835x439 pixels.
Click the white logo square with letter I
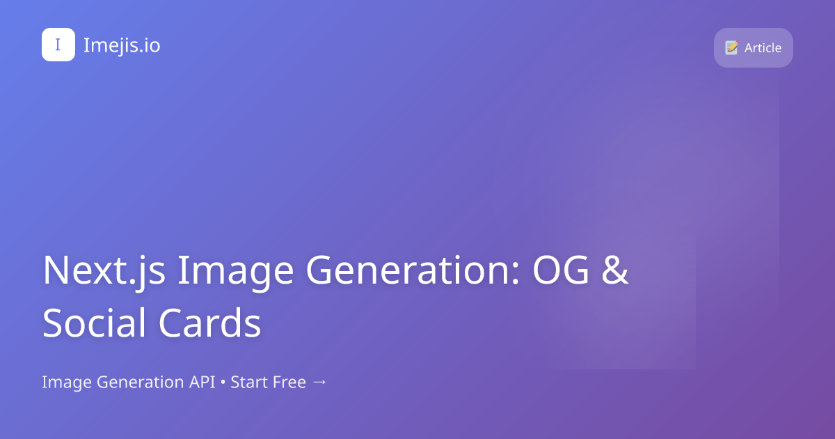tap(58, 45)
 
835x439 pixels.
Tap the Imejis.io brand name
tap(122, 45)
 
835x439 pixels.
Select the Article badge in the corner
tap(753, 47)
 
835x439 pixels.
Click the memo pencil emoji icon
tap(731, 47)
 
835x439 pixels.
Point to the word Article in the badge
tap(763, 48)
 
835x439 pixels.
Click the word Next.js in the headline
tap(104, 270)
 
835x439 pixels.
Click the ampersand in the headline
tap(615, 270)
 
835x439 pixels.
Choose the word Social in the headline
tap(94, 323)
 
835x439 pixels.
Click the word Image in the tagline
tap(67, 383)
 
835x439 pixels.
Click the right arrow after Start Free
tap(319, 383)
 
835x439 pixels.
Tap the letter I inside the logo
tap(58, 45)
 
